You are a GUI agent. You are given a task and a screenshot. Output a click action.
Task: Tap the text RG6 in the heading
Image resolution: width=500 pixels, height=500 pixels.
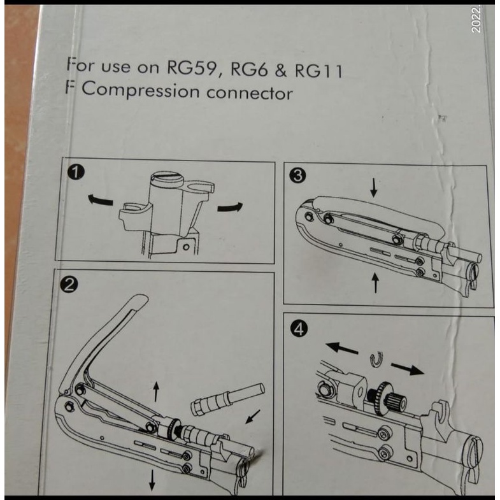[x=248, y=69]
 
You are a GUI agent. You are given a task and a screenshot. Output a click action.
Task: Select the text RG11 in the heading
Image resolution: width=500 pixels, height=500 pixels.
[x=318, y=71]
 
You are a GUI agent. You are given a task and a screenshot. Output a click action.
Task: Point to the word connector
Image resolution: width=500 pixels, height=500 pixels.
[x=249, y=94]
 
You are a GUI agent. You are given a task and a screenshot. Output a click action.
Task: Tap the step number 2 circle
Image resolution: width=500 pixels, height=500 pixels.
[x=69, y=284]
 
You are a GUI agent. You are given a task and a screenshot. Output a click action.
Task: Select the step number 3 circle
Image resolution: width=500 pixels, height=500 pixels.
[x=298, y=175]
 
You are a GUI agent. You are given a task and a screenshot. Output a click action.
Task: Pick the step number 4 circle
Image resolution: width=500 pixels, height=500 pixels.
[x=299, y=329]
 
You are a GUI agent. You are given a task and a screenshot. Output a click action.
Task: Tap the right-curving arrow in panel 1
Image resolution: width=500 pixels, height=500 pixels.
[x=230, y=207]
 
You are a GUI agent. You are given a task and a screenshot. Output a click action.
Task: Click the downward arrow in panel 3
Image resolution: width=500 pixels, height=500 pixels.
[x=374, y=188]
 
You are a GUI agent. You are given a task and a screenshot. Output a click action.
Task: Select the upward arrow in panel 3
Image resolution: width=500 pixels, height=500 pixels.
[x=376, y=283]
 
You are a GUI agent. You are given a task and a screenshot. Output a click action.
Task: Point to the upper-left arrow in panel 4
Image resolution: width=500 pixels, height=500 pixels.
[x=342, y=348]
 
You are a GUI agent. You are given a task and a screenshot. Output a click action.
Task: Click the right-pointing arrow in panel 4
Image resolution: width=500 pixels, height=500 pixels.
[x=408, y=369]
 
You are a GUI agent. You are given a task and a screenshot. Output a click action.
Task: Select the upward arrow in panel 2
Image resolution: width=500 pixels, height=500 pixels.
[x=156, y=392]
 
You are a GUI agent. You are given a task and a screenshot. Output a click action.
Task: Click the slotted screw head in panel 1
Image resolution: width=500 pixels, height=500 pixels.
[x=166, y=178]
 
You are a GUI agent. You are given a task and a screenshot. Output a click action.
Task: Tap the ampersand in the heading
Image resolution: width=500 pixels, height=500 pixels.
[x=281, y=71]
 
